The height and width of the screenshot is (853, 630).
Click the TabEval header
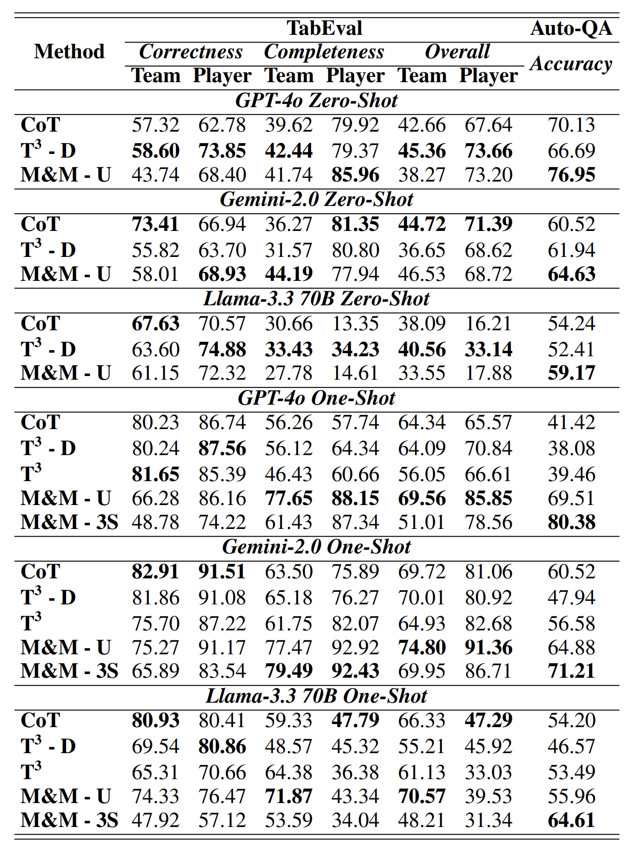(x=324, y=28)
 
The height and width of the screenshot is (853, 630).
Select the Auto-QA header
(x=571, y=28)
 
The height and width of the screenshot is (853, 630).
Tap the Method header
(x=69, y=51)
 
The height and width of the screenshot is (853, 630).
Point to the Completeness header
(x=324, y=51)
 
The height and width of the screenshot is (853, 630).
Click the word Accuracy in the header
(x=571, y=63)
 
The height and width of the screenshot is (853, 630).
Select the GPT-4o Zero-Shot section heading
(x=316, y=100)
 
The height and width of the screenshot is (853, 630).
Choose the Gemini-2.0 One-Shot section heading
(x=316, y=547)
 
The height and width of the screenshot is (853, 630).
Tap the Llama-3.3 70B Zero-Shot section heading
(x=316, y=299)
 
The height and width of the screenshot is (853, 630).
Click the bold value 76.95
(x=571, y=175)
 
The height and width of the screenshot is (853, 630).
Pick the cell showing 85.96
(x=355, y=175)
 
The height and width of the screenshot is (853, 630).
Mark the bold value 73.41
(x=155, y=224)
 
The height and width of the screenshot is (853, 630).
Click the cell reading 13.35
(x=355, y=324)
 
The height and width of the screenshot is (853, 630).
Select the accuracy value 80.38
(x=571, y=522)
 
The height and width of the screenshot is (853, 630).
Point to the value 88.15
(x=355, y=498)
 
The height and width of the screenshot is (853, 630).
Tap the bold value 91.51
(x=222, y=572)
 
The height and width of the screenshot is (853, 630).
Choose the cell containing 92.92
(x=355, y=648)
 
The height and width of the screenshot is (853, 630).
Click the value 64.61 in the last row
(x=571, y=820)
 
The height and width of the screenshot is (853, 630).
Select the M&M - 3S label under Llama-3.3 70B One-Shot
(x=69, y=820)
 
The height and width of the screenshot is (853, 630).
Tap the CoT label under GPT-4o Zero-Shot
(x=41, y=125)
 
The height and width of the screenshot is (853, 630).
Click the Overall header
(x=457, y=51)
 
